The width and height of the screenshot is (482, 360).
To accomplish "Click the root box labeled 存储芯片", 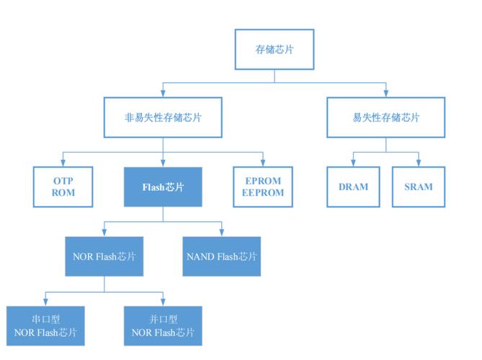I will (x=275, y=50).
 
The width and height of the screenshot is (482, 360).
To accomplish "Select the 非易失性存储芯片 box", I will (x=163, y=117).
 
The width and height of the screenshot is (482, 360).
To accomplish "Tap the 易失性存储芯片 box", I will (x=385, y=117).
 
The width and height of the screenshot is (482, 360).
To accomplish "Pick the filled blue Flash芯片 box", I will (x=163, y=187).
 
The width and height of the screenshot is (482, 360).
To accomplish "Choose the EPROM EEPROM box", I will (x=262, y=186).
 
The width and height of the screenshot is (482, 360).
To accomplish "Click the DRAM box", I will (x=353, y=186).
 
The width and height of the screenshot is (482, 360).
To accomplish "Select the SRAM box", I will (x=418, y=186).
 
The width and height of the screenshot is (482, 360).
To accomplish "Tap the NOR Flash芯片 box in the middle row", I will (x=104, y=256).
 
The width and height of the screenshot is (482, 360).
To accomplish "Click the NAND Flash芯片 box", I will (x=221, y=256).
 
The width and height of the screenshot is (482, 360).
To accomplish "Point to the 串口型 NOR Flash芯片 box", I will (x=45, y=326).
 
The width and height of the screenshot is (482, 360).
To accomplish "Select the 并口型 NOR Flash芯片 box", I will (x=163, y=326).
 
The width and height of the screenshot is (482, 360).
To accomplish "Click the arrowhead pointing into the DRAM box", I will (x=353, y=163).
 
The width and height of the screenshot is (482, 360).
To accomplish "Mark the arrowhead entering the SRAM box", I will (x=418, y=163).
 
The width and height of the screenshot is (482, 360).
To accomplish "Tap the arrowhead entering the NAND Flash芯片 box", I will (x=221, y=233).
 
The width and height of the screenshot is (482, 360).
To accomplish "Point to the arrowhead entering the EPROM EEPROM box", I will (x=262, y=163).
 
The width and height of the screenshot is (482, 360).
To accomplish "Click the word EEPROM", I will (x=262, y=193).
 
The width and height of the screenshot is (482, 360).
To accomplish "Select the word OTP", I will (x=63, y=180).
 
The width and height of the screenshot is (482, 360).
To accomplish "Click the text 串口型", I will (x=45, y=319).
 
